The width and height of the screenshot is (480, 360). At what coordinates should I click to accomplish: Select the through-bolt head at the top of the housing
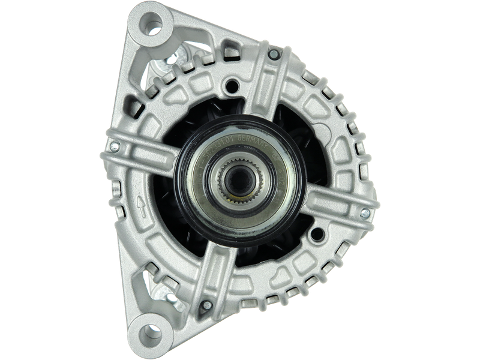click(x=274, y=55)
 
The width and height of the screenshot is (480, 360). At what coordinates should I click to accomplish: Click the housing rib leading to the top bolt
click(x=264, y=90)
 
